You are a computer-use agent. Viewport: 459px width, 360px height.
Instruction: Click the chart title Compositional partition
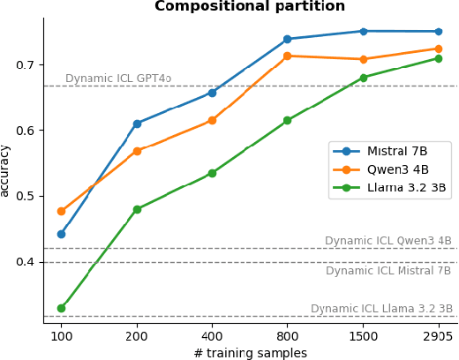[250, 7]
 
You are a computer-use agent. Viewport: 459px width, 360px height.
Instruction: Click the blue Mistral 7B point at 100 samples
[61, 234]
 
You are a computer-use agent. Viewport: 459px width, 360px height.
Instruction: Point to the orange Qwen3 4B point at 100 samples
[61, 211]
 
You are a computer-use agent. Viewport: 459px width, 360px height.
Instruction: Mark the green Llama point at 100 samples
[61, 308]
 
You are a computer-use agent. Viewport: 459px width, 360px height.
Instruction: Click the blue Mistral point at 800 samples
[287, 39]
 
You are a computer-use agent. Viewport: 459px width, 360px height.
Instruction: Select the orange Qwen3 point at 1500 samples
[363, 59]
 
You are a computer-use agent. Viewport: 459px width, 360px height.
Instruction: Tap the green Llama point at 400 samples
[212, 173]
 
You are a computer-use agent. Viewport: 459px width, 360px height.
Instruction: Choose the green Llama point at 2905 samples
[438, 58]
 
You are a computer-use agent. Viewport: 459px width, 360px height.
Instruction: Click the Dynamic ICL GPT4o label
[118, 79]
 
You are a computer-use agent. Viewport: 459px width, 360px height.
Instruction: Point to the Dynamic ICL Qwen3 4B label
[388, 241]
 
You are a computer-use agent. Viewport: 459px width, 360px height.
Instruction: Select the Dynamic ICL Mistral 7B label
[388, 271]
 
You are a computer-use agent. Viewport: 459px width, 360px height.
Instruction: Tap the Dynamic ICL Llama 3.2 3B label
[381, 309]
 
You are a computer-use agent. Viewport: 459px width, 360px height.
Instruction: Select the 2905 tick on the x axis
[438, 337]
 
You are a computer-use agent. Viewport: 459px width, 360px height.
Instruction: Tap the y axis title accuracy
[6, 170]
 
